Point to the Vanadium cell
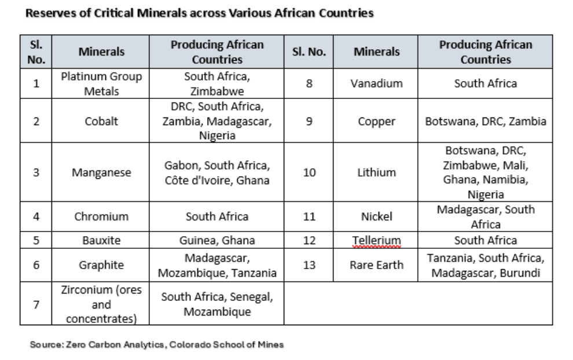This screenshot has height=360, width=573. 377,83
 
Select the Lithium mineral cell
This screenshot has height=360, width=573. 377,172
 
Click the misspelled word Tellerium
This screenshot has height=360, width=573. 377,240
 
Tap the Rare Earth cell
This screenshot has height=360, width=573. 377,265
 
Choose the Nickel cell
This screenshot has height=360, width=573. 377,217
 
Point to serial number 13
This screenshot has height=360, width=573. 310,265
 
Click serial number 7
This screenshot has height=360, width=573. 36,304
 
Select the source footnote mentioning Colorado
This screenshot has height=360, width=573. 157,344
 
